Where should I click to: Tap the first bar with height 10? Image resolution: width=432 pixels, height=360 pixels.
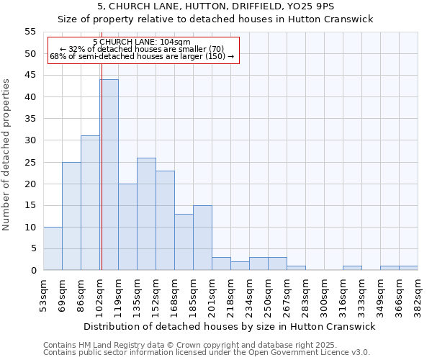tap(53, 248)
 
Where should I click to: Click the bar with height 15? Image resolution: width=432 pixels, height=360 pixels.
tap(202, 238)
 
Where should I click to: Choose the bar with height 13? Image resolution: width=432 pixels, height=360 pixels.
tap(184, 242)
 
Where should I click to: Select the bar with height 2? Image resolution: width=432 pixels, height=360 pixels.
tap(240, 266)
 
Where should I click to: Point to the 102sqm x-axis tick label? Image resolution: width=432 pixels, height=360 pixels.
tap(100, 293)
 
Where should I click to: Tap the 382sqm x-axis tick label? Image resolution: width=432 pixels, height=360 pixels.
tap(418, 293)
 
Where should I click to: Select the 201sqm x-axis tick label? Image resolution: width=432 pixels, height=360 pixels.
tap(212, 293)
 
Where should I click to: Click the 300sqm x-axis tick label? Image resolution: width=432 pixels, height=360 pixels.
tap(325, 293)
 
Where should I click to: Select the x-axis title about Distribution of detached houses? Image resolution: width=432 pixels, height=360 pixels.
tap(230, 326)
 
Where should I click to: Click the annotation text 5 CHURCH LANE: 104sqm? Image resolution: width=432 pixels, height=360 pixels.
tap(142, 42)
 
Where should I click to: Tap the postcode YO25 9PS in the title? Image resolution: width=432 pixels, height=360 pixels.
tap(310, 6)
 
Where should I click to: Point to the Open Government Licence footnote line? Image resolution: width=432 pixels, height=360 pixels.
tap(206, 353)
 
